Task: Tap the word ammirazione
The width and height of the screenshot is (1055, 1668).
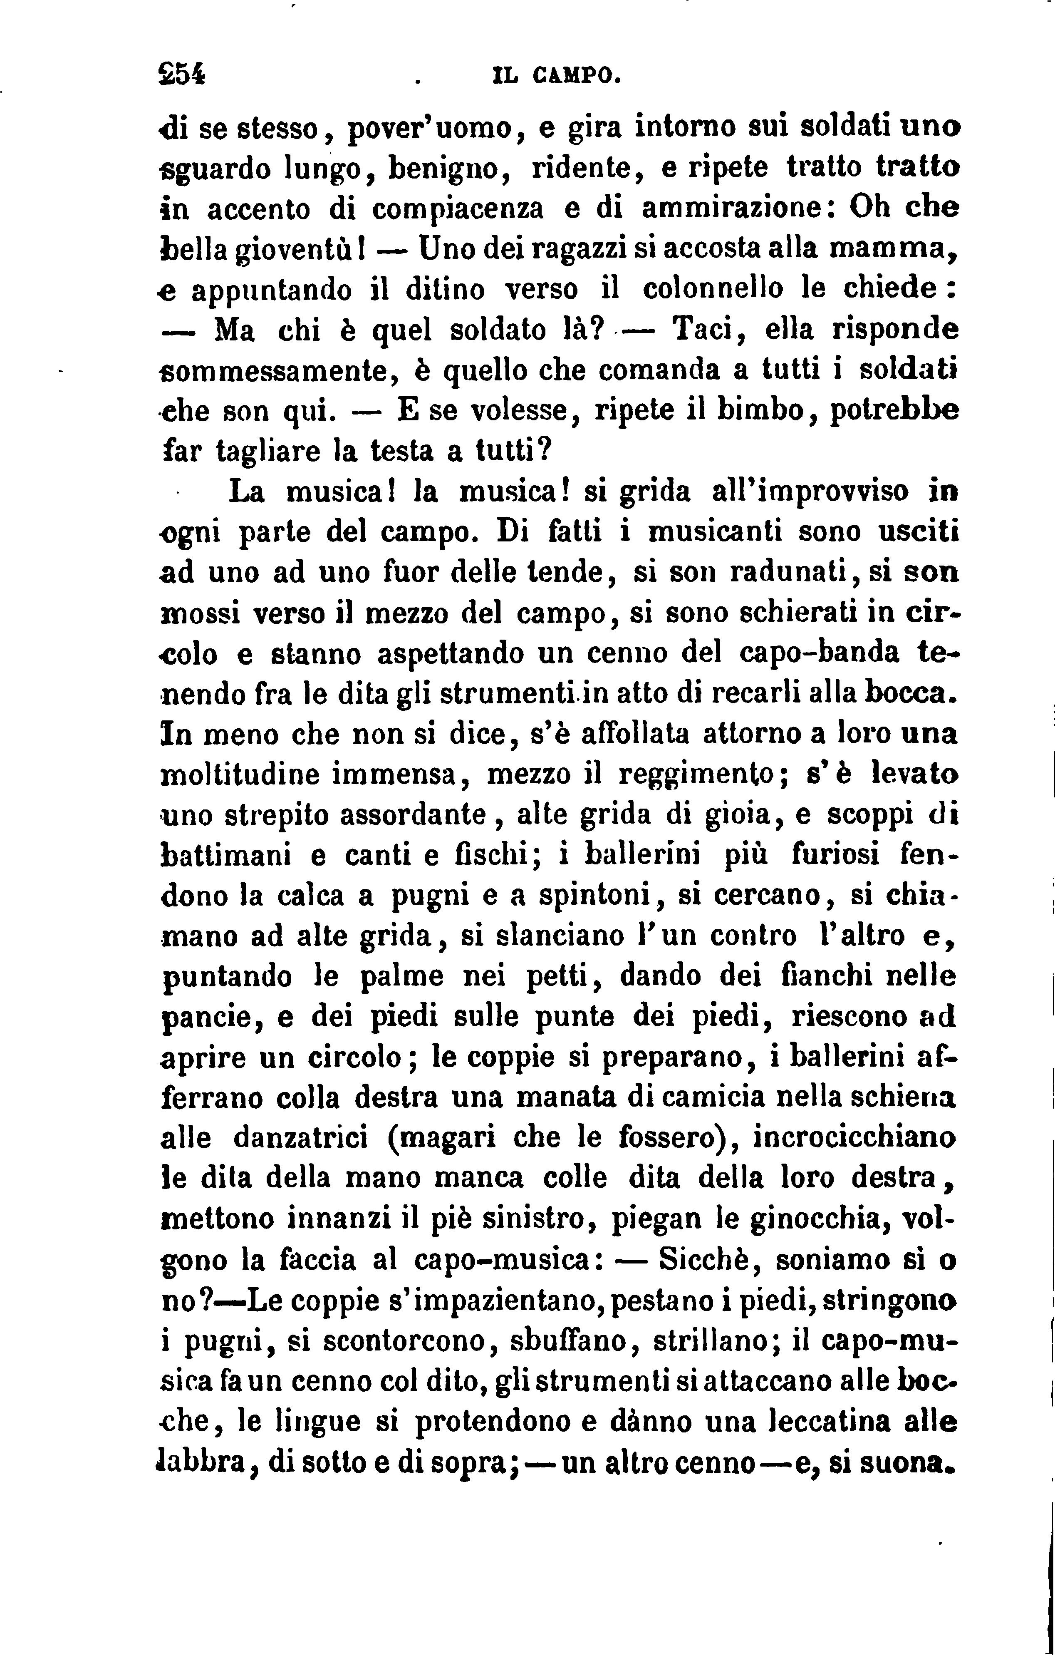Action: click(731, 209)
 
